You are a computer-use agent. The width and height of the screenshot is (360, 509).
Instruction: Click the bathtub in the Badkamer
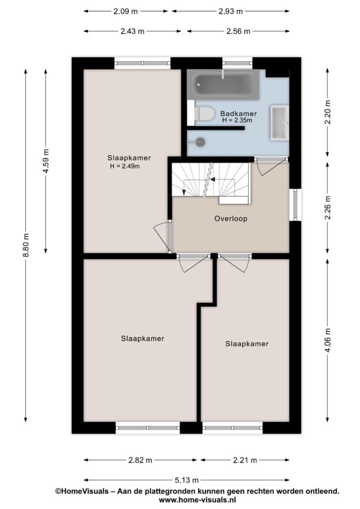[x=223, y=85]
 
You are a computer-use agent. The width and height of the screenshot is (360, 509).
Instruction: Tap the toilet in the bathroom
[x=204, y=114]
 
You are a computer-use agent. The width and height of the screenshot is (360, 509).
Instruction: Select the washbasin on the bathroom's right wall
[x=279, y=123]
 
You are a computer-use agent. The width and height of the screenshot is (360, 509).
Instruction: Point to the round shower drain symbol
[x=200, y=142]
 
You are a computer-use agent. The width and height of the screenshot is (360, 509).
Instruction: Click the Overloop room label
[x=231, y=219]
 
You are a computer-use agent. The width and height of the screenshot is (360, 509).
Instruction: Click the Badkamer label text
[x=239, y=114]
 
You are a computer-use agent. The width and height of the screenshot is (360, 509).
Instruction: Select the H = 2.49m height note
[x=125, y=167]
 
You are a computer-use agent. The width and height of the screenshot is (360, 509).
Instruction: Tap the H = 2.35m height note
[x=237, y=120]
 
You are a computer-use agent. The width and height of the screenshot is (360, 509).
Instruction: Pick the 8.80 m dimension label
[x=26, y=245]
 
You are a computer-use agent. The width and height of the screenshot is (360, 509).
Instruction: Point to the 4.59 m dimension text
[x=46, y=161]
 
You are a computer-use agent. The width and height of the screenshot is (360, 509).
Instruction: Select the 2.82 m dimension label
[x=140, y=460]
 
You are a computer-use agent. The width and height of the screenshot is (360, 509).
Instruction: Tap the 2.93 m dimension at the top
[x=231, y=11]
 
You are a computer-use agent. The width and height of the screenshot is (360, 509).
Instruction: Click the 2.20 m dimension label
[x=328, y=112]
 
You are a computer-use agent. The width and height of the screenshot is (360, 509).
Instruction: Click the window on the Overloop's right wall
[x=295, y=204]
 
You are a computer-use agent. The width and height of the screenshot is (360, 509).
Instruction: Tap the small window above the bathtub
[x=237, y=63]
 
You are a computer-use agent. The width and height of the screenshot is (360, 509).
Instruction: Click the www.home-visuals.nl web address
[x=197, y=500]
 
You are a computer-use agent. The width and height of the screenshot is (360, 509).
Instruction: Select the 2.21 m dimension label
[x=245, y=460]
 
